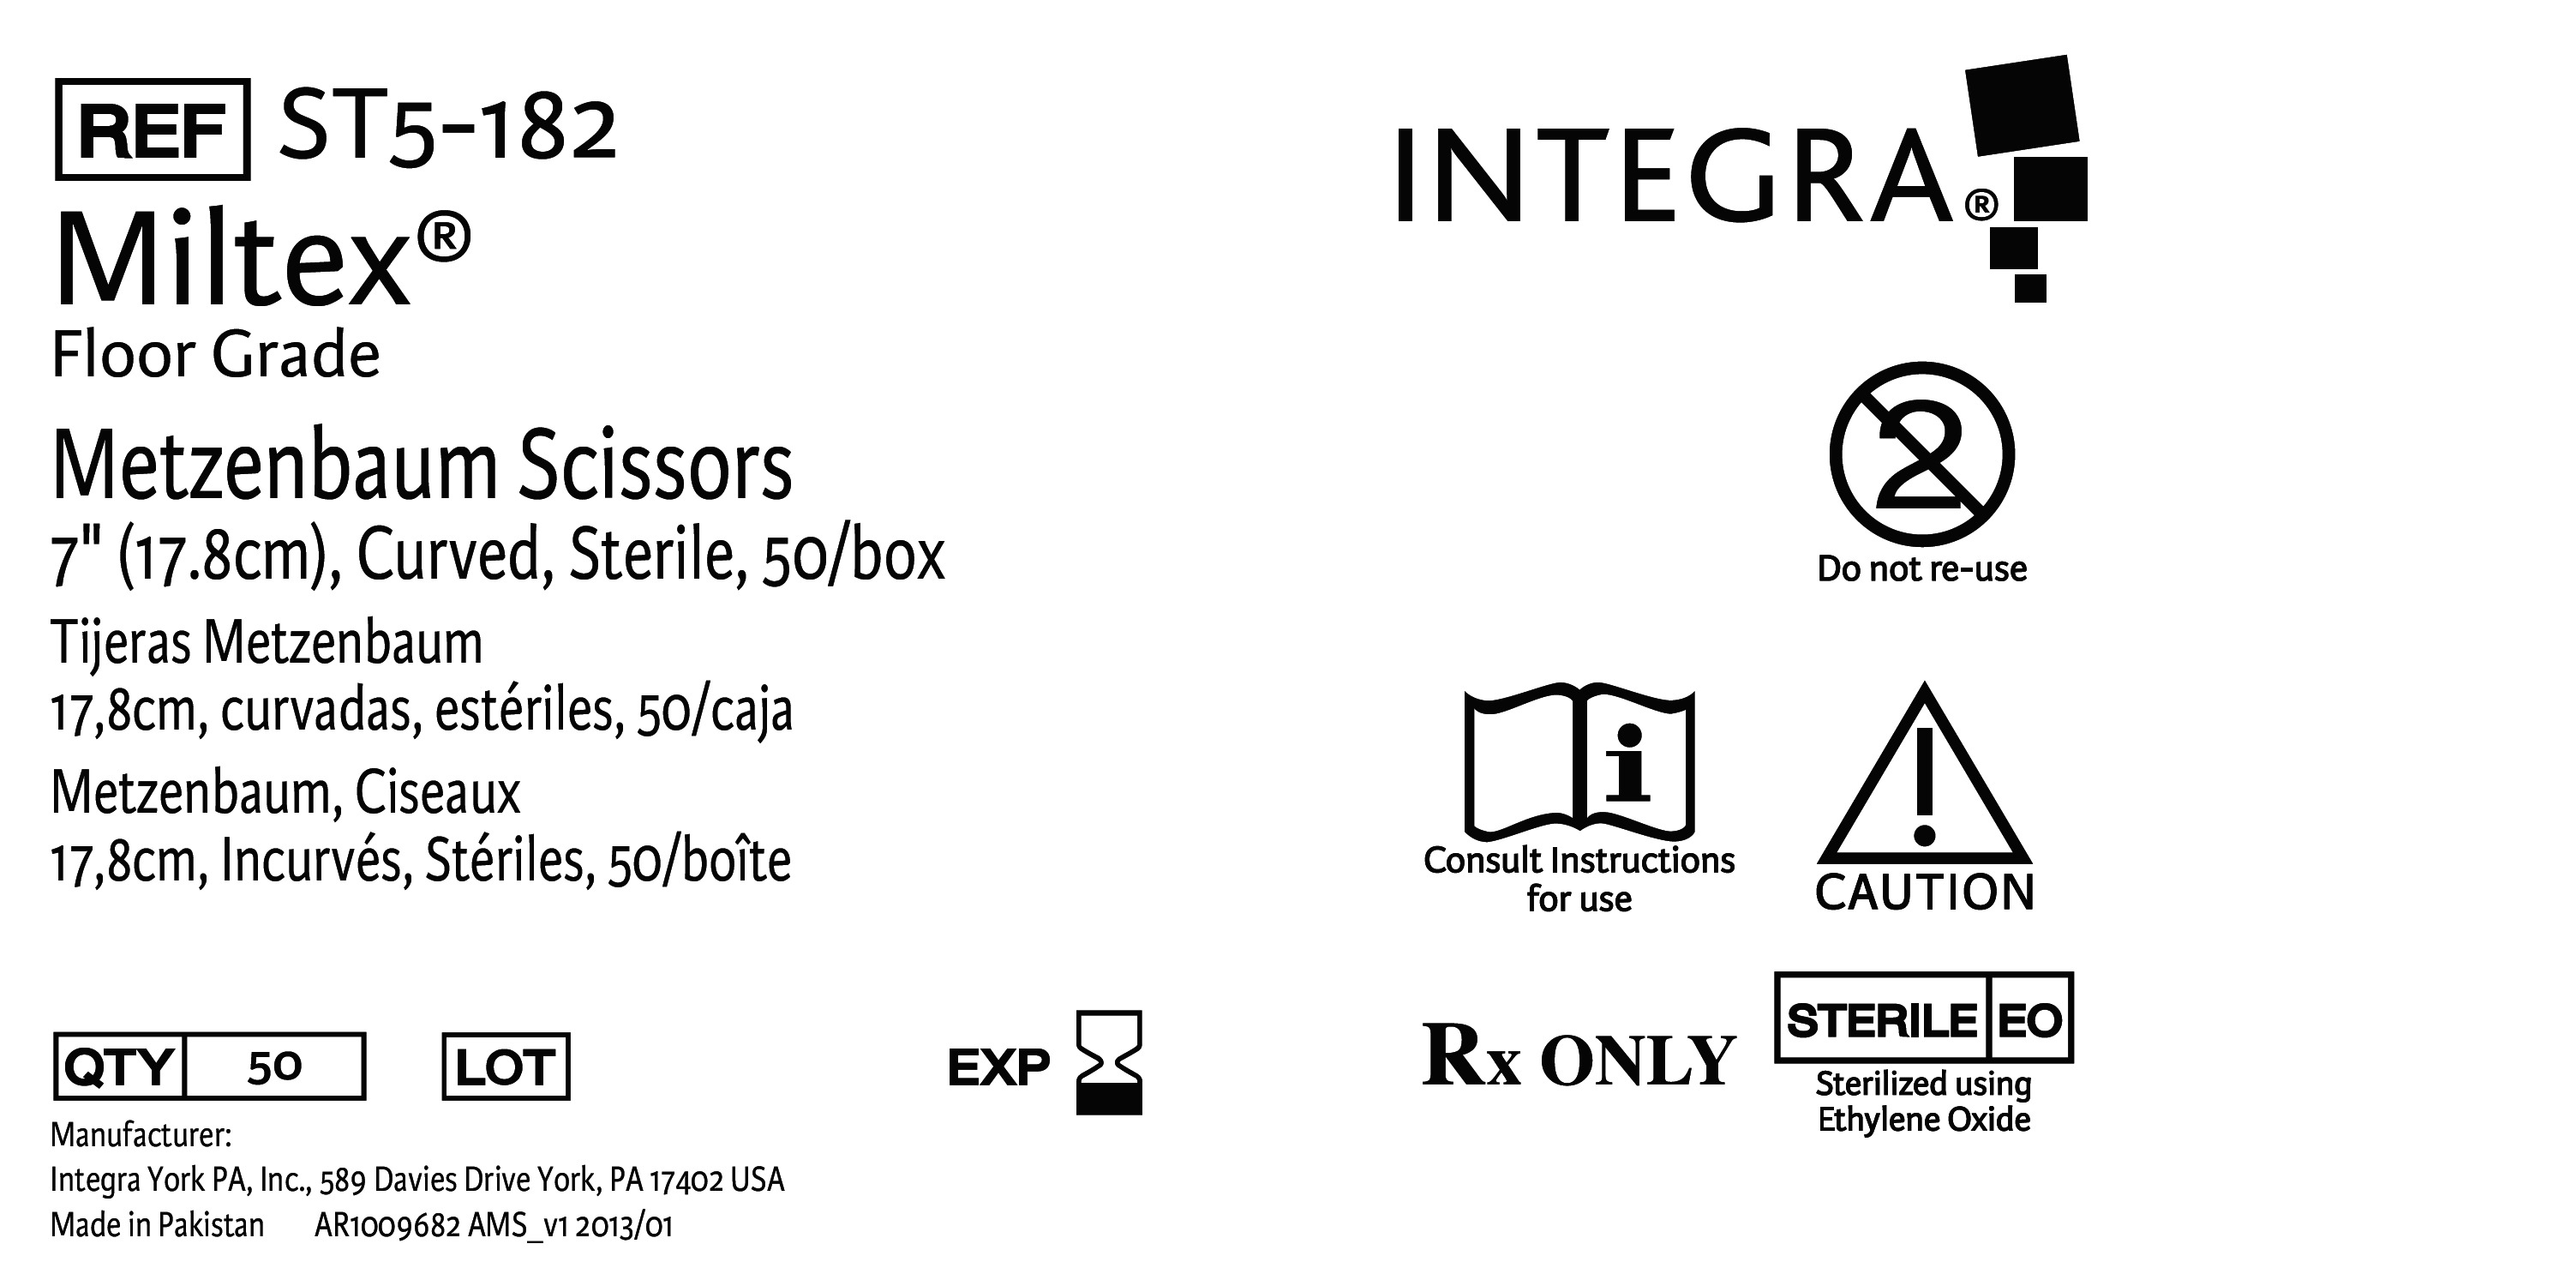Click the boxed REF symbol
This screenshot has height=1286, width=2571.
(x=152, y=129)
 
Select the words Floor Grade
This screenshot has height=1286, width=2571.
(x=216, y=356)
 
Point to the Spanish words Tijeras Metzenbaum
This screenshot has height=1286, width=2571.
(x=267, y=643)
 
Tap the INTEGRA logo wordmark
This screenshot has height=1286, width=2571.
(x=1672, y=176)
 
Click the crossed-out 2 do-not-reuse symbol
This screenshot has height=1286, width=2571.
(x=1921, y=454)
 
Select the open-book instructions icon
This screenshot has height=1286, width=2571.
(x=1579, y=764)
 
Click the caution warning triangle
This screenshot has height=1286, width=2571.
(x=1924, y=778)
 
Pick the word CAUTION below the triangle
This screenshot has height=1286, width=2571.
(x=1924, y=892)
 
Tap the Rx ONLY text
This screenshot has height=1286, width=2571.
(x=1578, y=1056)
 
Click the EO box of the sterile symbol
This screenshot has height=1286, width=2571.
(x=2030, y=1019)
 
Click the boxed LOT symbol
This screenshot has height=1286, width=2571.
(x=506, y=1067)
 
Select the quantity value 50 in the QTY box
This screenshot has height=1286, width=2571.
(x=274, y=1067)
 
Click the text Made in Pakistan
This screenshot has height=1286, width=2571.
(x=158, y=1225)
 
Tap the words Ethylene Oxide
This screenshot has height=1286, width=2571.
(x=1923, y=1121)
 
